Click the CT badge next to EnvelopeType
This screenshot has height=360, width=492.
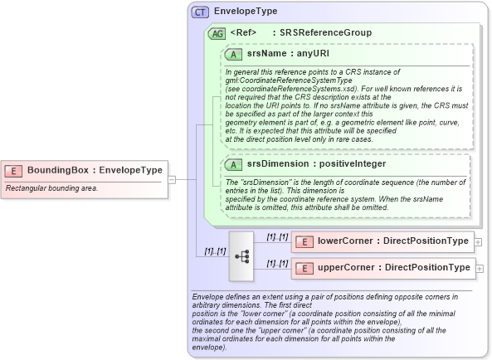click(x=200, y=12)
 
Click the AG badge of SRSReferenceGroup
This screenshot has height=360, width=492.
click(x=216, y=33)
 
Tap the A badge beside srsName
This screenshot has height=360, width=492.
click(x=234, y=53)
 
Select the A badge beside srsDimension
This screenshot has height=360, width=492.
click(x=234, y=164)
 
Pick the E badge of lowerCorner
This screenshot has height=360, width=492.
click(x=304, y=241)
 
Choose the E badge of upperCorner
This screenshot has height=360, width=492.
click(x=304, y=268)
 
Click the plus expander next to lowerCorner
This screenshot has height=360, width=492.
click(x=480, y=241)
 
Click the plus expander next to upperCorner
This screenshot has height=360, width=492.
click(x=480, y=268)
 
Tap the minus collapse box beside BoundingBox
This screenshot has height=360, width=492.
click(x=172, y=178)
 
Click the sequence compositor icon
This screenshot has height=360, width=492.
click(x=242, y=255)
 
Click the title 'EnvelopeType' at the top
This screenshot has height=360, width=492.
click(x=246, y=12)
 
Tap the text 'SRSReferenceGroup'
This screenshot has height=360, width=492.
click(x=325, y=32)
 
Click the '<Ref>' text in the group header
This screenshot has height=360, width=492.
click(x=243, y=32)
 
